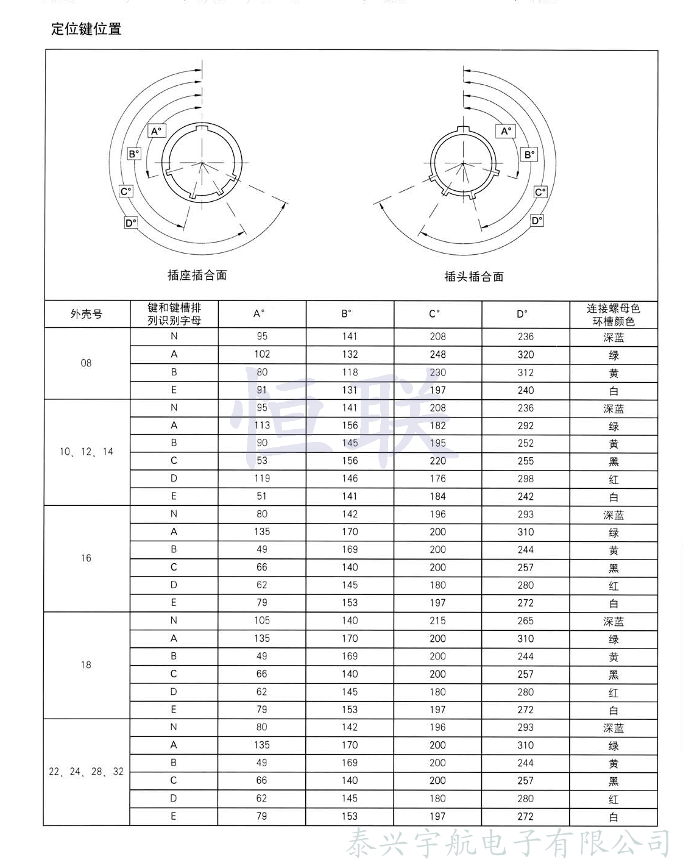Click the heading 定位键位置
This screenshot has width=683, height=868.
tap(87, 29)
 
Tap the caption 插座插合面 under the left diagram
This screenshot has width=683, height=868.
tap(197, 275)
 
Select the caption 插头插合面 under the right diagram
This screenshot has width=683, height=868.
tap(474, 276)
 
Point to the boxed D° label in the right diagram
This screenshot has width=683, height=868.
tap(537, 220)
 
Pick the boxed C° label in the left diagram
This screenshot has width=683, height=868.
tap(126, 191)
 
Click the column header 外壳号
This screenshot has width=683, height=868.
tap(87, 315)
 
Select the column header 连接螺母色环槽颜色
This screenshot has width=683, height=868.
tap(614, 315)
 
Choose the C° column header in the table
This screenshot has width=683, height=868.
tap(434, 314)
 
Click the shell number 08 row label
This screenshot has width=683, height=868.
tap(86, 363)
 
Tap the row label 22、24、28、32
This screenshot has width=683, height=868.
tap(86, 772)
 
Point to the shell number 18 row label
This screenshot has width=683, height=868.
tap(86, 665)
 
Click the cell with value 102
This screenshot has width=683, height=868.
tap(262, 354)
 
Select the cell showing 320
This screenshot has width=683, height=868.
tap(525, 354)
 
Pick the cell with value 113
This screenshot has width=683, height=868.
tap(262, 425)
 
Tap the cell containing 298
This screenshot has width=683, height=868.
tap(525, 478)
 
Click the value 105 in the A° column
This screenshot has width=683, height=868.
tap(262, 621)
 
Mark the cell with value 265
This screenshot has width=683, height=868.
tap(525, 621)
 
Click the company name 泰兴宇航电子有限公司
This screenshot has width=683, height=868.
tap(508, 844)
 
